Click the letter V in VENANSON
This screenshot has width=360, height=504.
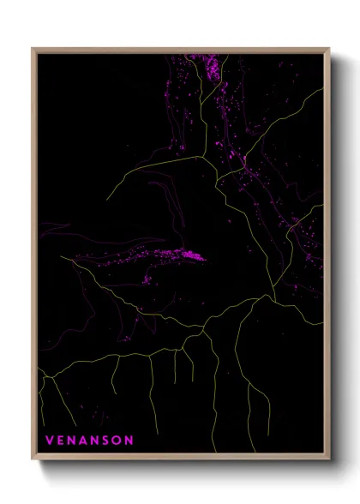point(49,441)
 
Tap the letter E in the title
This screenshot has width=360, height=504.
point(60,441)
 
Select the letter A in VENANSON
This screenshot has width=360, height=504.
point(85,441)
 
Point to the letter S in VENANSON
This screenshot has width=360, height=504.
point(108,441)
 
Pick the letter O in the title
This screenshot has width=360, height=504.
point(118,441)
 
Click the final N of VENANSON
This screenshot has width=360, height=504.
point(129,441)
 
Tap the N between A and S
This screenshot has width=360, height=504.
point(97,441)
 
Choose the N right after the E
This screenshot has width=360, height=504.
point(72,441)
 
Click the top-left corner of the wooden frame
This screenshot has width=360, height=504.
point(33,49)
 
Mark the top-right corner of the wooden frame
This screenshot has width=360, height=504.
point(328,49)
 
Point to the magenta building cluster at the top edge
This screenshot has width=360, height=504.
point(208,67)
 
